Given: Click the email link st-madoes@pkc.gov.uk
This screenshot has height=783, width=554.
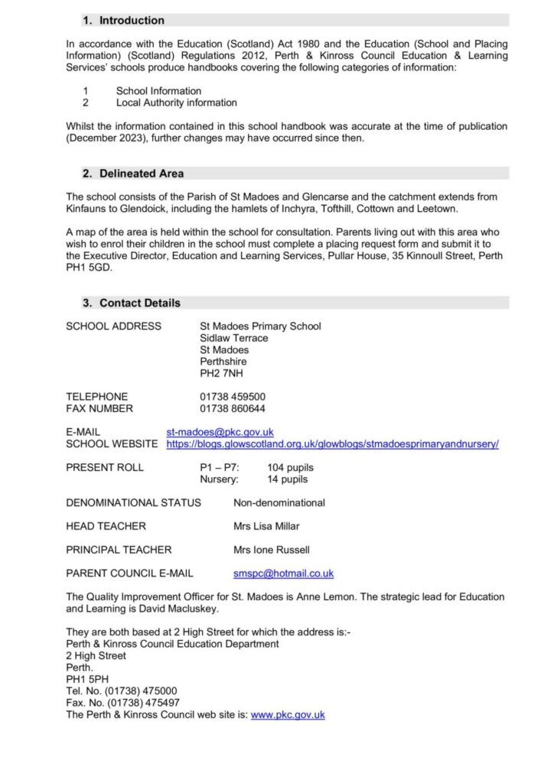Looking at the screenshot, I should coord(220,432).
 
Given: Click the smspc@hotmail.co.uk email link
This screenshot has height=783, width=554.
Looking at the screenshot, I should coord(283,573).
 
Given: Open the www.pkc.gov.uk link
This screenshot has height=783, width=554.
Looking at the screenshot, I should coord(288,715).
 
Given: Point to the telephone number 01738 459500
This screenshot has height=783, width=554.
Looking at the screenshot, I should coord(233,397).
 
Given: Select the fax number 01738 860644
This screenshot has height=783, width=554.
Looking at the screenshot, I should coord(233,408).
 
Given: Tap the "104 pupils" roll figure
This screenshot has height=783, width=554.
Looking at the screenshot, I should coord(290,467).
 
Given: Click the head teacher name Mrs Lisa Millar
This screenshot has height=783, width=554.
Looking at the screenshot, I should coord(267,526).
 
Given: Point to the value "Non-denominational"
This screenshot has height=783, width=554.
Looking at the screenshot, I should coord(279,502).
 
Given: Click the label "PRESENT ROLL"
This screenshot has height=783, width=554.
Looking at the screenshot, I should coord(105,467).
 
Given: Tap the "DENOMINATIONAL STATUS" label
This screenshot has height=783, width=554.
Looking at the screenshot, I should coord(133,502).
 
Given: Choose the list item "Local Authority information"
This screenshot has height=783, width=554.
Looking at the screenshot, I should coord(176,102).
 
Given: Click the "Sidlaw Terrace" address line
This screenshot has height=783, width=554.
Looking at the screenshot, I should coord(234,338).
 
